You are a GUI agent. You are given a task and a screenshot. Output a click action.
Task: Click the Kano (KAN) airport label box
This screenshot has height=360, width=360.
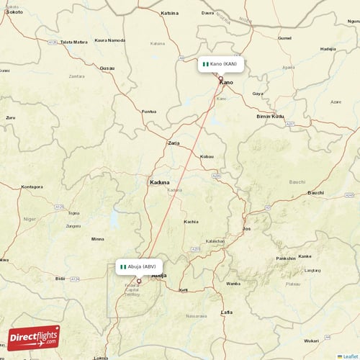pyautogui.click(x=221, y=64)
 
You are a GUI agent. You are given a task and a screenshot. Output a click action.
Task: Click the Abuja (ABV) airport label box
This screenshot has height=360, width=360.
pyautogui.click(x=136, y=266)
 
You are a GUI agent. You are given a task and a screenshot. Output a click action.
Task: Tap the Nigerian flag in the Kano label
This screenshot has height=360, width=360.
pyautogui.click(x=205, y=64)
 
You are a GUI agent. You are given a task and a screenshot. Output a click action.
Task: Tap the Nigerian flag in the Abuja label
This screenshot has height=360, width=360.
pyautogui.click(x=124, y=266)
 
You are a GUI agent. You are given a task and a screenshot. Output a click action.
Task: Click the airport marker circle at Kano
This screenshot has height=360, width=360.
pyautogui.click(x=221, y=78)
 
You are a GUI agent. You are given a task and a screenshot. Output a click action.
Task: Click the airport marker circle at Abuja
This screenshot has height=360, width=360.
pyautogui.click(x=139, y=281)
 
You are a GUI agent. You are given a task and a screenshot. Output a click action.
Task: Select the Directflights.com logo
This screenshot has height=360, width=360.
pyautogui.click(x=33, y=338)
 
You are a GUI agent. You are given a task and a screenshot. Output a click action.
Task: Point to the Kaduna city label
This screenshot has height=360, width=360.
pyautogui.click(x=159, y=182)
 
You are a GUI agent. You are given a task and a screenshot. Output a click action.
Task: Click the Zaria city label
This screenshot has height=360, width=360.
pyautogui.click(x=174, y=143)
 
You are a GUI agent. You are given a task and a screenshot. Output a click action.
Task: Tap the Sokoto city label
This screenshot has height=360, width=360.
pyautogui.click(x=14, y=12)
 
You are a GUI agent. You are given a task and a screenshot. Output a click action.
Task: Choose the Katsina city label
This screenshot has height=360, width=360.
pyautogui.click(x=170, y=13)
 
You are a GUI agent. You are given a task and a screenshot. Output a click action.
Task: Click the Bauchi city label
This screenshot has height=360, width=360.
pyautogui.click(x=315, y=192)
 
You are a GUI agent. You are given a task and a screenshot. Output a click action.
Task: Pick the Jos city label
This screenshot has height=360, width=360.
pyautogui.click(x=246, y=228)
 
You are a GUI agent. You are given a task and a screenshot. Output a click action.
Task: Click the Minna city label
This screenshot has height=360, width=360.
pyautogui.click(x=97, y=239)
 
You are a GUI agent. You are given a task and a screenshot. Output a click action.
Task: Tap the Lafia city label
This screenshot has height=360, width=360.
pyautogui.click(x=227, y=312)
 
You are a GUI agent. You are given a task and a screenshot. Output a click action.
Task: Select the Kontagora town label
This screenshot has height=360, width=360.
pyautogui.click(x=32, y=186)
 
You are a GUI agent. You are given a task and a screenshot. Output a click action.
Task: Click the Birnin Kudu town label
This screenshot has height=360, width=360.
pyautogui.click(x=270, y=116)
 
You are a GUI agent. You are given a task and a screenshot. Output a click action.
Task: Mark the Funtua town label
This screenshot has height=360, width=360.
pyautogui.click(x=149, y=112)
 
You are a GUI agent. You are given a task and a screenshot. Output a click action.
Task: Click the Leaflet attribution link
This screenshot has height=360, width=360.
pyautogui.click(x=350, y=356)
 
